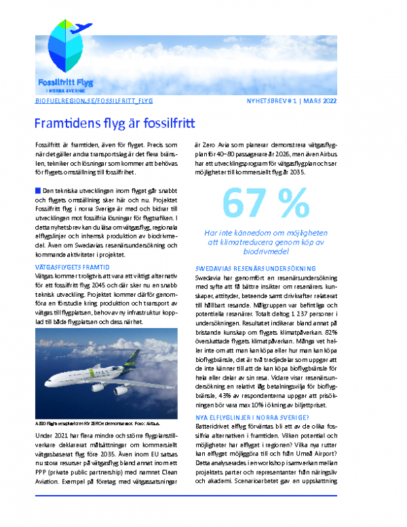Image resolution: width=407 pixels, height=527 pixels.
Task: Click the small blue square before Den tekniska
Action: point(37,190)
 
